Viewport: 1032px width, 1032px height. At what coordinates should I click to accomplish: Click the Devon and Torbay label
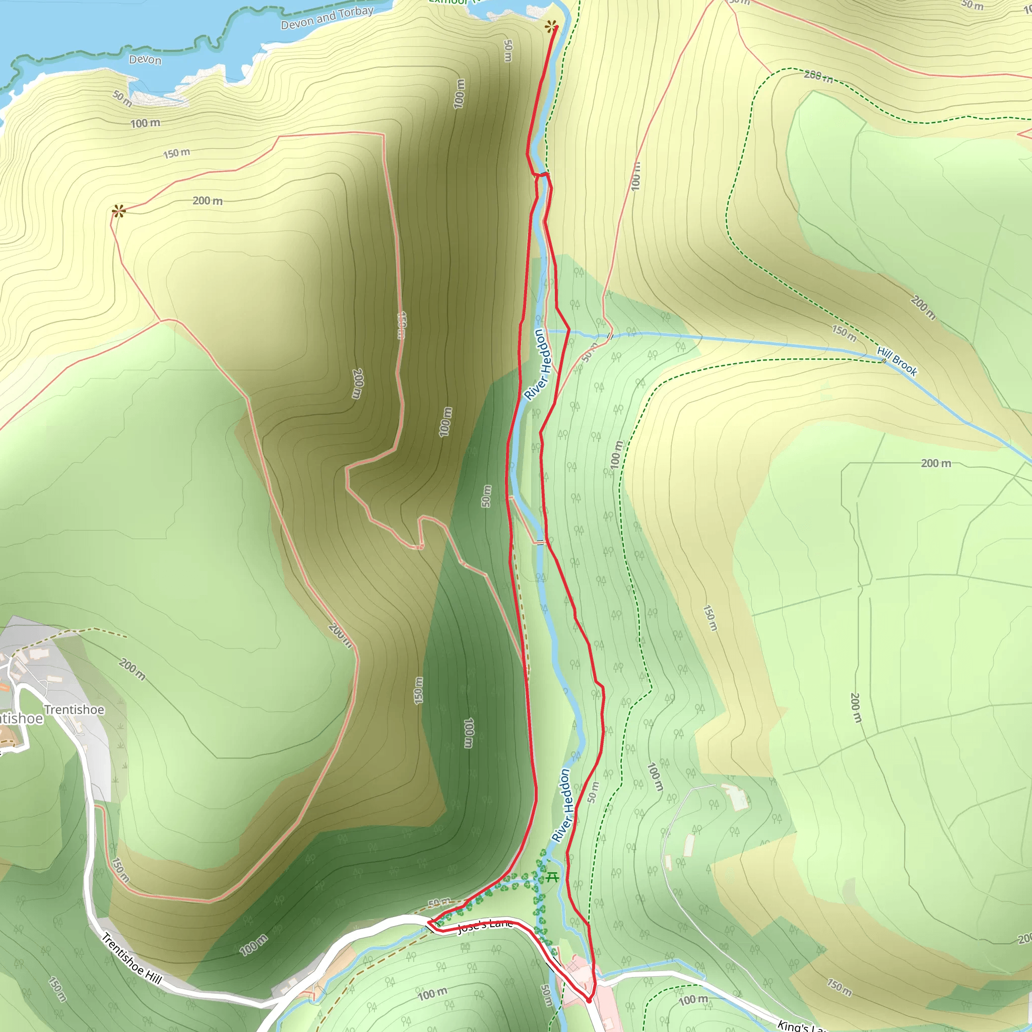[327, 18]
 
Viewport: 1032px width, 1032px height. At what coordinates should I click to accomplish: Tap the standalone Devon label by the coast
[145, 59]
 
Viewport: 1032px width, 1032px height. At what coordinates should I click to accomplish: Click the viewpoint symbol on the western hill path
[118, 212]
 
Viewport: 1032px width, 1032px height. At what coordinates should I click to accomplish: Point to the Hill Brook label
[897, 361]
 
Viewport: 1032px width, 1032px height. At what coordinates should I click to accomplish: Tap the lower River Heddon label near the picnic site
[562, 806]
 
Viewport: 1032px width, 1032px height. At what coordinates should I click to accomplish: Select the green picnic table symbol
[552, 877]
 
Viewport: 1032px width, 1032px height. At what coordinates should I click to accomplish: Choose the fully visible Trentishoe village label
[74, 709]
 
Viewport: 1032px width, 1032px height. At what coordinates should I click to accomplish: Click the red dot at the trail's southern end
[589, 1000]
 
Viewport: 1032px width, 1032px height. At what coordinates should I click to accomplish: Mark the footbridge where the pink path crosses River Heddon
[541, 543]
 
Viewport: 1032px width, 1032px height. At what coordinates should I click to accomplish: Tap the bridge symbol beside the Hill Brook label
[883, 361]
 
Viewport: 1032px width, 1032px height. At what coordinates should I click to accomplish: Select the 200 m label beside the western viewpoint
[207, 201]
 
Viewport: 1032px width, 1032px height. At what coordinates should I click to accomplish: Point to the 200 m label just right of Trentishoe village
[132, 670]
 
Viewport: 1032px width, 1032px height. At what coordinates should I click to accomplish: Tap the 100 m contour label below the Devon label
[145, 123]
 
